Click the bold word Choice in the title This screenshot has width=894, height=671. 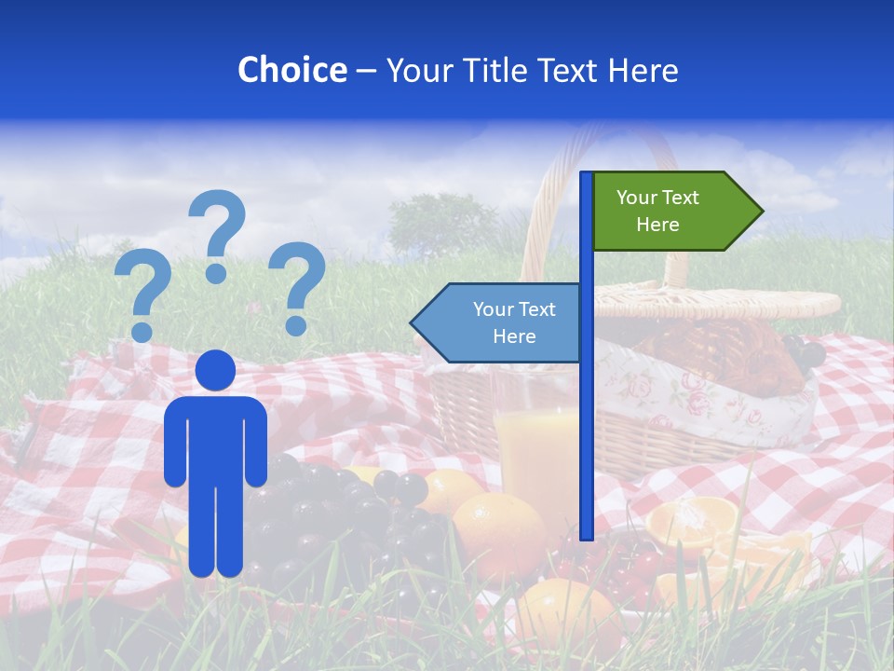[x=291, y=70]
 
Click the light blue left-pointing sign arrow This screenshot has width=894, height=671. [x=498, y=322]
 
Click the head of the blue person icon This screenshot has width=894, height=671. [x=215, y=370]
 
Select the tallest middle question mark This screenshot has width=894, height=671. [x=217, y=233]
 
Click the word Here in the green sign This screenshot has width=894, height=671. [x=657, y=225]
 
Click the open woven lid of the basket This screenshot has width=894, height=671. [x=726, y=300]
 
